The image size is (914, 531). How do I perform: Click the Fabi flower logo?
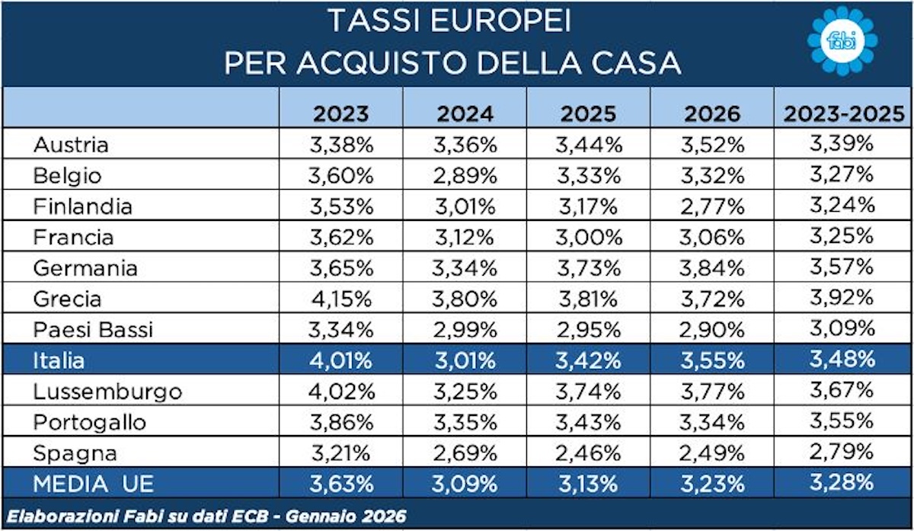(842, 42)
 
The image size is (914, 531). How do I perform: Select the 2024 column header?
(465, 114)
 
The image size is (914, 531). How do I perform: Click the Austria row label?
(71, 145)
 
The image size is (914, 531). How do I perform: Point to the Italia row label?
(59, 360)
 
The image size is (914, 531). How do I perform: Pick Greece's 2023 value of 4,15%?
(340, 299)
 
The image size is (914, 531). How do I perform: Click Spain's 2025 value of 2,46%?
(589, 453)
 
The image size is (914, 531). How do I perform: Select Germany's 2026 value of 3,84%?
(712, 268)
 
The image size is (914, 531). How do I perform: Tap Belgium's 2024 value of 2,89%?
(465, 175)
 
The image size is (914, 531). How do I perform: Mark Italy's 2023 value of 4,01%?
(340, 360)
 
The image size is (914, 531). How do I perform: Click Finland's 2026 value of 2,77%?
(712, 206)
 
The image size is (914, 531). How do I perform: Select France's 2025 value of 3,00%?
(589, 237)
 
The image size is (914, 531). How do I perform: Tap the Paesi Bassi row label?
(93, 330)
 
